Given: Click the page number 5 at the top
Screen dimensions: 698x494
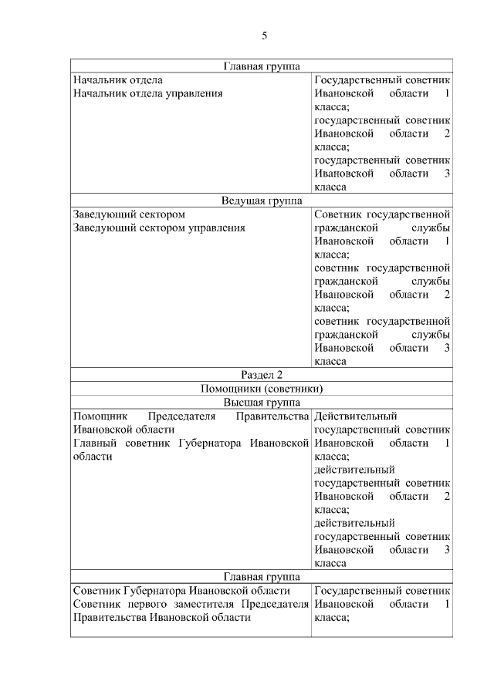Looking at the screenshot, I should [264, 35].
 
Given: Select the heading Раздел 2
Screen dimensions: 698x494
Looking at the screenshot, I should [262, 375].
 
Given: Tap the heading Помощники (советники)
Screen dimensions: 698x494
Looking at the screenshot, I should [262, 389].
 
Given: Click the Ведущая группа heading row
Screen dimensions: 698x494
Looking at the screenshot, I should [262, 201].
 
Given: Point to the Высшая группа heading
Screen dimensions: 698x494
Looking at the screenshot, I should [262, 403].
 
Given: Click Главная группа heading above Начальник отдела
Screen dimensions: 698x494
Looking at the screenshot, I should [262, 66].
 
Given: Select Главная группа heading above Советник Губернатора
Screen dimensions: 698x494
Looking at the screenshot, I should [262, 576].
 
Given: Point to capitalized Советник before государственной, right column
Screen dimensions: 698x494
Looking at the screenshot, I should [338, 214].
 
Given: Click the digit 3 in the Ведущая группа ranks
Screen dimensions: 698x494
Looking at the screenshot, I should [447, 348].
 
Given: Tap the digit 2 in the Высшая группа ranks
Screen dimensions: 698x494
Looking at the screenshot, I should [447, 496].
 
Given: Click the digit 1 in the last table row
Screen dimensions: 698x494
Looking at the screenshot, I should [447, 604].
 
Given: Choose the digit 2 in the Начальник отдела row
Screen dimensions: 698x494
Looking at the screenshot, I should [447, 133].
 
